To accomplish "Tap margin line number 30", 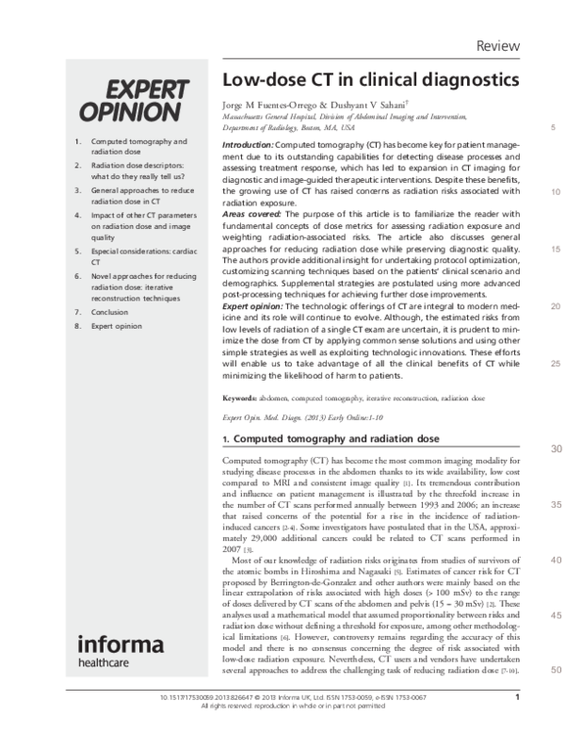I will pyautogui.click(x=531, y=448).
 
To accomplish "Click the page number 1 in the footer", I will pyautogui.click(x=518, y=698).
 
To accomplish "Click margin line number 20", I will pyautogui.click(x=531, y=306).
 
